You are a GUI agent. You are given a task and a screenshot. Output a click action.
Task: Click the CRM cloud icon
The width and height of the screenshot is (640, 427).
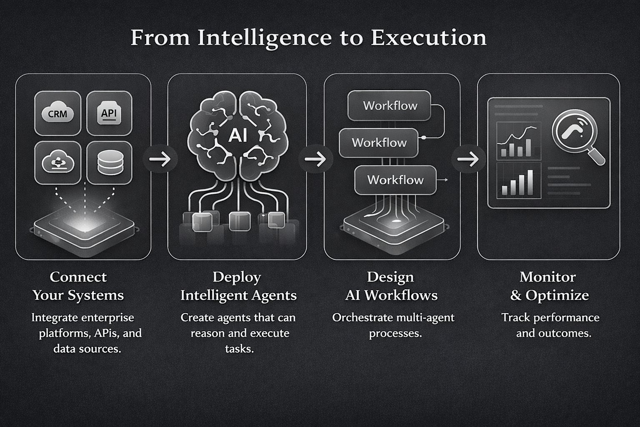[x=57, y=113]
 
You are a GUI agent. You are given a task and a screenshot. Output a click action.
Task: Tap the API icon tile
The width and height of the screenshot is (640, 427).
[x=109, y=113]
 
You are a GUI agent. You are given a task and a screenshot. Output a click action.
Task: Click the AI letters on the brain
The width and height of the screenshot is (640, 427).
[x=237, y=135]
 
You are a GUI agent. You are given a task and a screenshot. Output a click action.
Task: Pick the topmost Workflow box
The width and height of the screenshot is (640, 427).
[x=390, y=105]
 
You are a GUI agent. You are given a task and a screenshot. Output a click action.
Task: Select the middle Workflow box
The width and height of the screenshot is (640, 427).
[x=379, y=143]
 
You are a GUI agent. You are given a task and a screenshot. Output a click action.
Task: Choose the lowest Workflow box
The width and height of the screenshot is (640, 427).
[x=395, y=180]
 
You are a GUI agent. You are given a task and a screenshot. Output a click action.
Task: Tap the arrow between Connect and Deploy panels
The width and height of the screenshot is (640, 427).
[x=160, y=159]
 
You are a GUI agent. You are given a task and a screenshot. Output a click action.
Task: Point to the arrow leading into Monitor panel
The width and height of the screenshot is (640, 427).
[x=468, y=159]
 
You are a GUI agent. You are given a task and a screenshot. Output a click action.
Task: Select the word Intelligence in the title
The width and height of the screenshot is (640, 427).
[x=264, y=38]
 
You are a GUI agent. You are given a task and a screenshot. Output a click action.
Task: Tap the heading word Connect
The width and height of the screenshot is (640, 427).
[x=78, y=277]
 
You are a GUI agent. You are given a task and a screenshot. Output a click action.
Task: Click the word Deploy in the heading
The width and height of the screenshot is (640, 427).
[x=237, y=277]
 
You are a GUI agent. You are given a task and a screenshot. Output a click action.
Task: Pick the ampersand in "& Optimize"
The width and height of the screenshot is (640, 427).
[x=516, y=295]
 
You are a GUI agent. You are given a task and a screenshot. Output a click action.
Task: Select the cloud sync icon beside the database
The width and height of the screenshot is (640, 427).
[x=57, y=163]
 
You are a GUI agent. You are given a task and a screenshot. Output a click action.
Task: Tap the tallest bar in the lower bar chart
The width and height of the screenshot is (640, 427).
[x=530, y=182]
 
